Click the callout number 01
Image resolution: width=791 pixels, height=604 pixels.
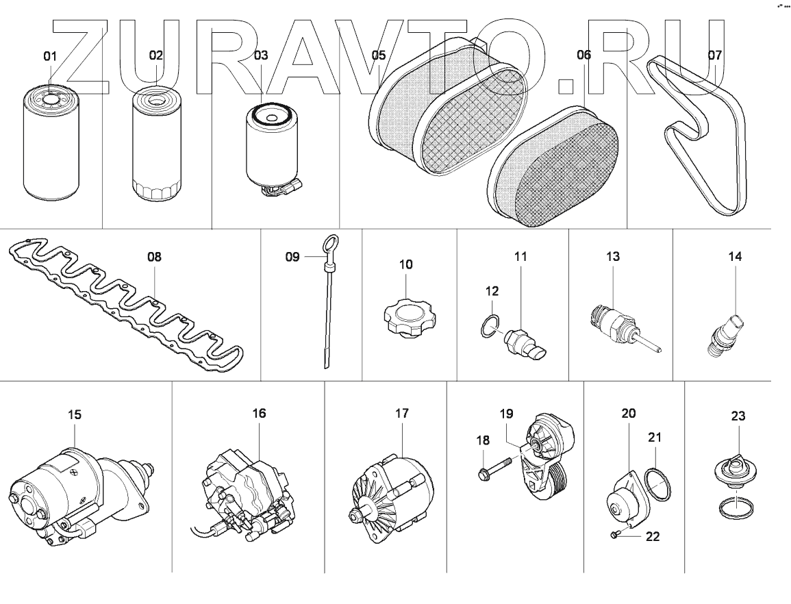point(50,56)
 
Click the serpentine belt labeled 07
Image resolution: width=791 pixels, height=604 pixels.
point(705,137)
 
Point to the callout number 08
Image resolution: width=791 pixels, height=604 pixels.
point(155,257)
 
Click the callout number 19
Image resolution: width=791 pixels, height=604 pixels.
point(506,413)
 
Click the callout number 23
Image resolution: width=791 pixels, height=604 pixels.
point(738,416)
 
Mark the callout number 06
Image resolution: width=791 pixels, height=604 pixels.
point(583,55)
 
